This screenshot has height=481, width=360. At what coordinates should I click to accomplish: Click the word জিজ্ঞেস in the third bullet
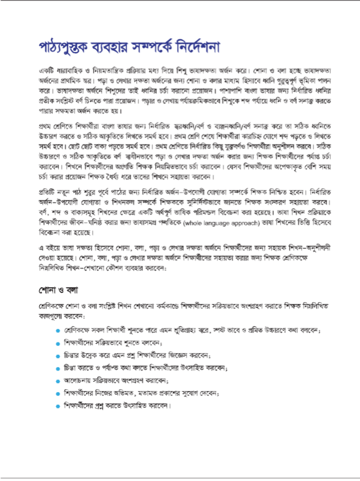coord(198,355)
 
